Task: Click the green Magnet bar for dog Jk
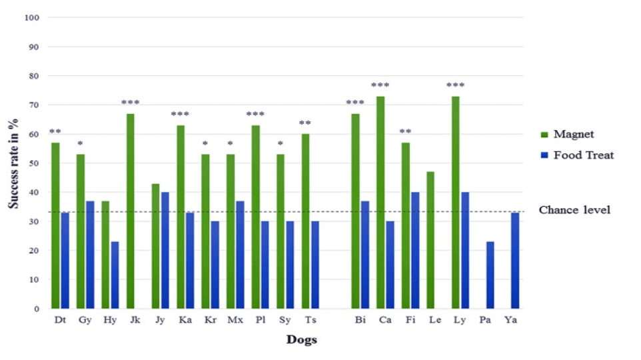point(131,211)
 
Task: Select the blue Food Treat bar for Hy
point(115,275)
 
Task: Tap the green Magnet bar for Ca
point(380,203)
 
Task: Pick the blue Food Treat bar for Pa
point(490,275)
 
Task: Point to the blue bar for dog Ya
point(515,261)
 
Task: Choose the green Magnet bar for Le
point(430,240)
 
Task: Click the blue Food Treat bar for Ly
point(465,251)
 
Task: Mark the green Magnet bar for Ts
point(305,221)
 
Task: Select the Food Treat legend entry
point(577,155)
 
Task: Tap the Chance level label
point(574,210)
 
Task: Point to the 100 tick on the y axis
point(32,17)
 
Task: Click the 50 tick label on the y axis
point(34,163)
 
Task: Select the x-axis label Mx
point(235,320)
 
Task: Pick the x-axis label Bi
point(360,320)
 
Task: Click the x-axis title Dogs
point(302,339)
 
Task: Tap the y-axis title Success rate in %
point(13,163)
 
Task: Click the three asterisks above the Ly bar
point(455,85)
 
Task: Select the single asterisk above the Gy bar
point(80,143)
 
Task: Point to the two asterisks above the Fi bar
point(405,132)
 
